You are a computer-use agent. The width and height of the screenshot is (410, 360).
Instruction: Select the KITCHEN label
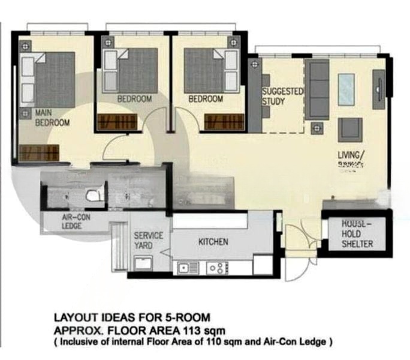(x=213, y=242)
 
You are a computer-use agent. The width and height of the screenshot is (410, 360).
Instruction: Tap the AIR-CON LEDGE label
(x=76, y=222)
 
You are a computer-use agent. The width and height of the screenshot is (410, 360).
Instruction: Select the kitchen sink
(x=186, y=268)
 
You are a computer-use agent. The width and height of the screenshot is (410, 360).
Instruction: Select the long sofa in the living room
(x=317, y=89)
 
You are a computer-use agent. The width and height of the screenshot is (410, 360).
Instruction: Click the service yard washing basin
(x=143, y=263)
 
